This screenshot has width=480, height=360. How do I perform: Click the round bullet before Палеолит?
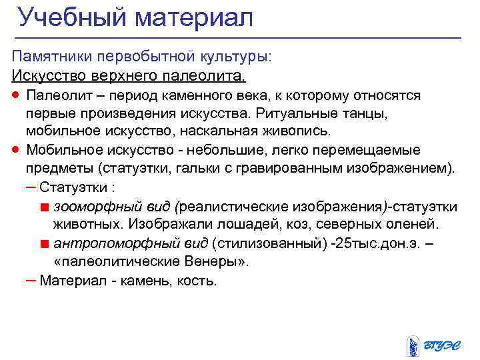(x=16, y=95)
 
